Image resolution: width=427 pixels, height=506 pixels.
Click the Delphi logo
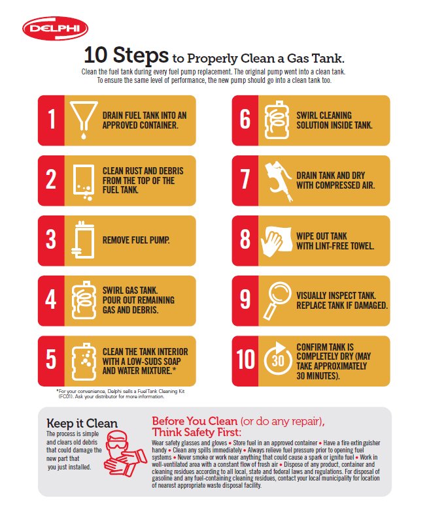[x=56, y=28]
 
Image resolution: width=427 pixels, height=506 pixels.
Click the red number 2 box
[x=51, y=181]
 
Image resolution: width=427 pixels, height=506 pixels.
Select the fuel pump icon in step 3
[x=83, y=240]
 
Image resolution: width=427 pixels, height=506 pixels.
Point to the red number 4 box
[x=51, y=301]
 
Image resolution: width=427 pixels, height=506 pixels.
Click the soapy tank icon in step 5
[x=84, y=362]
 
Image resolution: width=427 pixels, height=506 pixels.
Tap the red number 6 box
[x=245, y=120]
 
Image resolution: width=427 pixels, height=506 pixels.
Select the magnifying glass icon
[x=277, y=300]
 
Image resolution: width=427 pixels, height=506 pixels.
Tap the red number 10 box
[x=245, y=361]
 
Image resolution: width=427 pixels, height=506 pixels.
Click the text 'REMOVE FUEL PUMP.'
[x=136, y=240]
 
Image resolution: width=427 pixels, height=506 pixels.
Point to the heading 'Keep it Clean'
[x=82, y=423]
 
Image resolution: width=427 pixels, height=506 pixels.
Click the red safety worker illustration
[x=125, y=453]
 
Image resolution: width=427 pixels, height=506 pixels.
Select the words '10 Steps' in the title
[x=126, y=55]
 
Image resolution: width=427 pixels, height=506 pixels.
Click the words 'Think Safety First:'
[x=197, y=432]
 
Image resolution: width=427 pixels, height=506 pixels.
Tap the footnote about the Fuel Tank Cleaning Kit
[x=121, y=394]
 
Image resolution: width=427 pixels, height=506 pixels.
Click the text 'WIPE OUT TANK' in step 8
[x=322, y=236]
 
